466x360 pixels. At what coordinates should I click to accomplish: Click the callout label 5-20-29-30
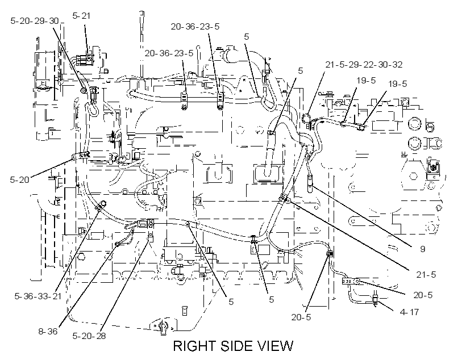(35, 21)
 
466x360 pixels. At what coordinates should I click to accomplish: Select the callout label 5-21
(81, 16)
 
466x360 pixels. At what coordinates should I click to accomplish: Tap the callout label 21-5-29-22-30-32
(364, 65)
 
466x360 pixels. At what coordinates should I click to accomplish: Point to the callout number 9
(422, 249)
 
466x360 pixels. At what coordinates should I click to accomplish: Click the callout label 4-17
(409, 312)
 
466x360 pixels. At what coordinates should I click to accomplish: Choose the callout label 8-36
(48, 331)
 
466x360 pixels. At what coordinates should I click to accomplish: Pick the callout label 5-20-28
(89, 336)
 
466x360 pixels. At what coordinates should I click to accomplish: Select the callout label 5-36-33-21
(38, 296)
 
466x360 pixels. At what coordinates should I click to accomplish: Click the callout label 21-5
(426, 274)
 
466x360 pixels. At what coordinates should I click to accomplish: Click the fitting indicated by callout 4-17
(376, 299)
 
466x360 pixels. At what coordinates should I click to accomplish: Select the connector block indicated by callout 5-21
(85, 60)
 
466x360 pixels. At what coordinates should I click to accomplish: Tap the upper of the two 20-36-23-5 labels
(195, 27)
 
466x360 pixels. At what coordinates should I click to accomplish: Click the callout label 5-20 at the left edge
(19, 179)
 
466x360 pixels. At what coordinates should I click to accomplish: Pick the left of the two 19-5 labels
(366, 80)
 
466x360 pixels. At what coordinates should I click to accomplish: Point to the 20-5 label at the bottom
(301, 317)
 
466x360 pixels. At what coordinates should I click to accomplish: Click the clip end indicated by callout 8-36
(118, 244)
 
